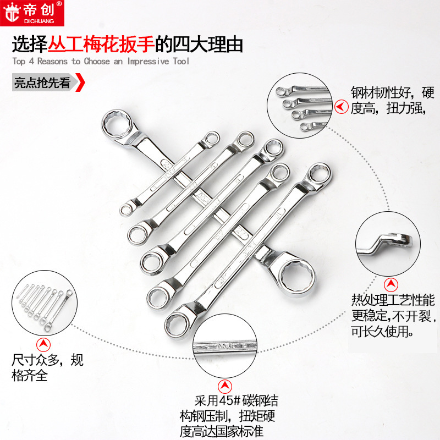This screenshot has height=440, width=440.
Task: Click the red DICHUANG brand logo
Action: (32, 13)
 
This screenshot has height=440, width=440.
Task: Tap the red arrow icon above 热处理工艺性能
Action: (392, 284)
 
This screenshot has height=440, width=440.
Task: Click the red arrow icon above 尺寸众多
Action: (42, 345)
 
